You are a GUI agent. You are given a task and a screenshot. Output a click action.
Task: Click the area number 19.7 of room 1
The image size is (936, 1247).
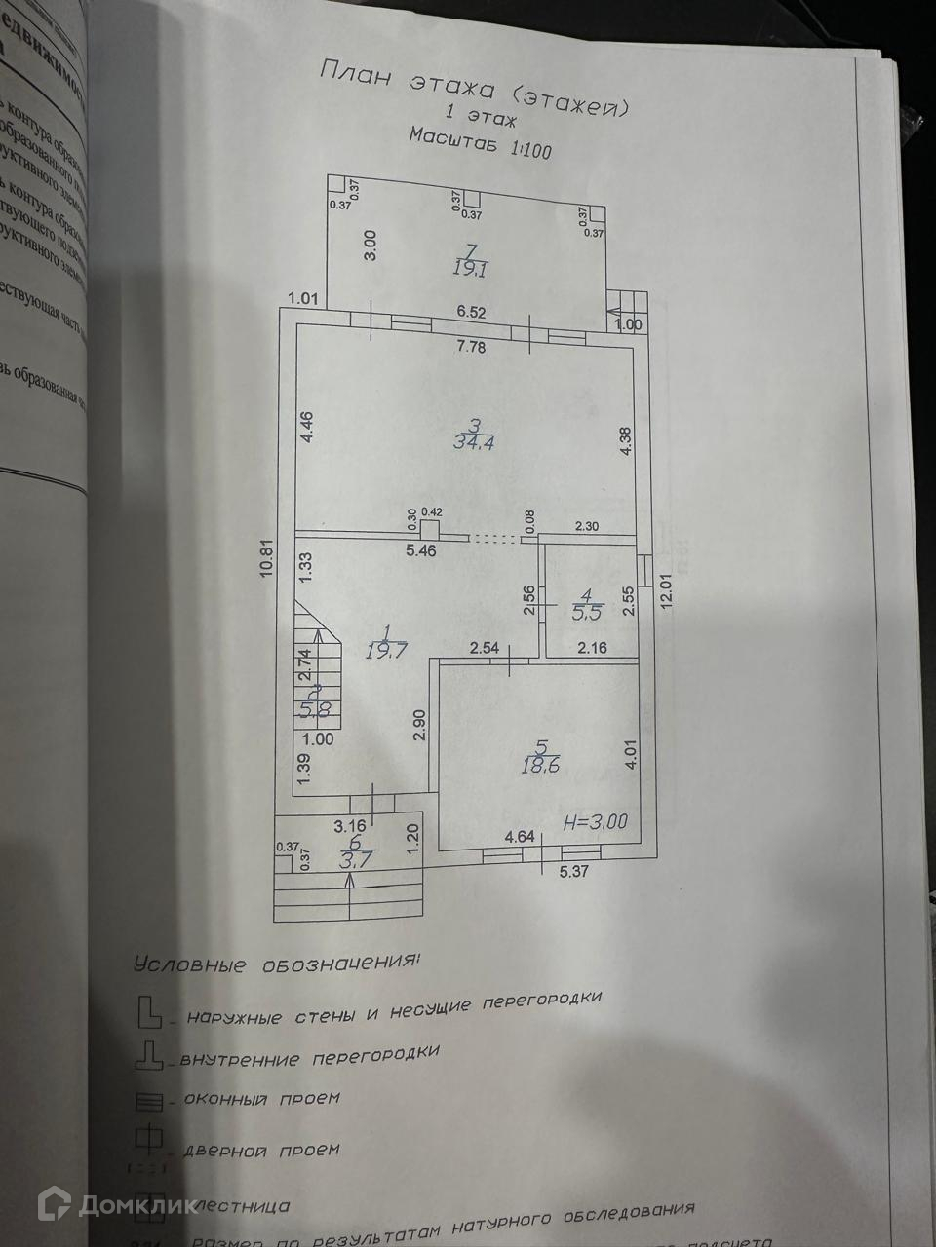[x=385, y=650]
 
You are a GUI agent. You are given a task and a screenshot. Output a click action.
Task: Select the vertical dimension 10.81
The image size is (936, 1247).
[x=266, y=560]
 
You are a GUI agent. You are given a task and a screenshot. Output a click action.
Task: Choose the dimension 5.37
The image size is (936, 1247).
[x=575, y=872]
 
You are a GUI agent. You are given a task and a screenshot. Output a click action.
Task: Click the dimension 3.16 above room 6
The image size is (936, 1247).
[x=350, y=826]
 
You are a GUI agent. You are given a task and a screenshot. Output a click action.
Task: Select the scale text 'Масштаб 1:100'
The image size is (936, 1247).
[x=481, y=143]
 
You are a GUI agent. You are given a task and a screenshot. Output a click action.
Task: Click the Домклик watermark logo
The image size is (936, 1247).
[x=106, y=1205]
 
